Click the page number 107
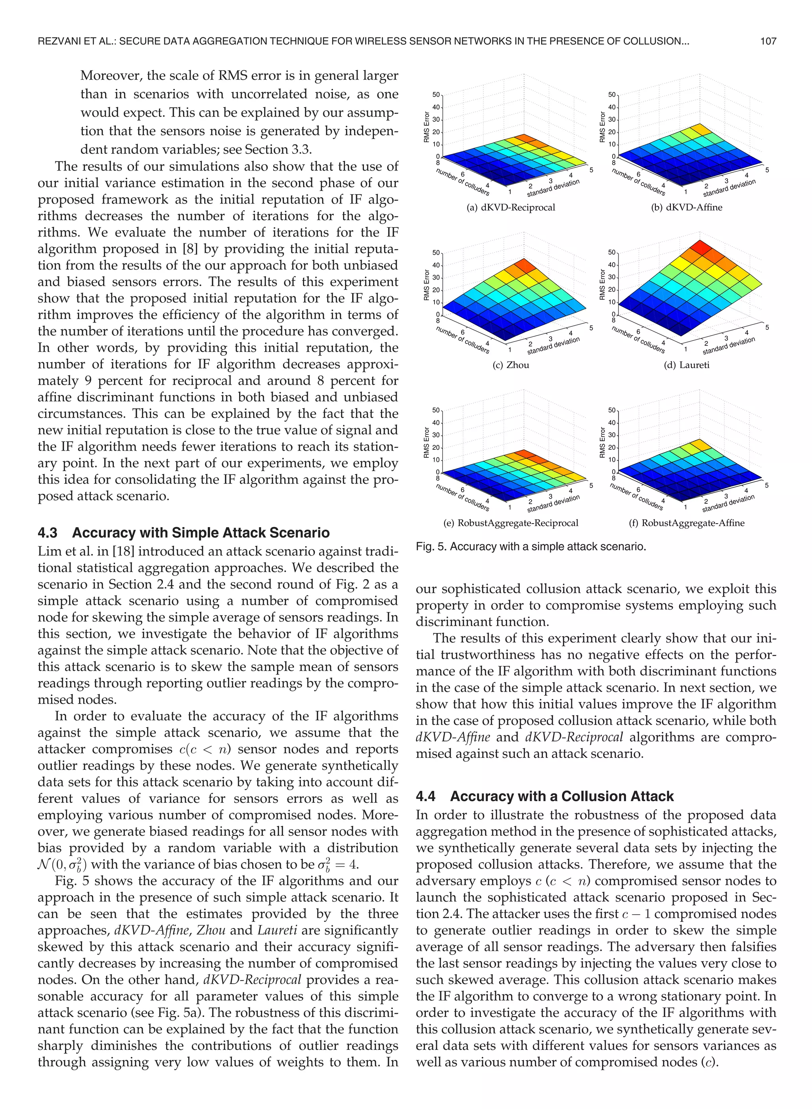pyautogui.click(x=768, y=41)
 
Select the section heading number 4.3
pyautogui.click(x=47, y=533)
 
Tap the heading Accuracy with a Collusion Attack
pyautogui.click(x=562, y=796)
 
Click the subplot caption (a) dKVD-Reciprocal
pyautogui.click(x=511, y=207)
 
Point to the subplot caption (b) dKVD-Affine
pyautogui.click(x=687, y=207)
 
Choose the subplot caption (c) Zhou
pyautogui.click(x=511, y=365)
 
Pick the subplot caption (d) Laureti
pyautogui.click(x=687, y=365)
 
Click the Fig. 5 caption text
pyautogui.click(x=531, y=547)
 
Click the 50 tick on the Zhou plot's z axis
pyautogui.click(x=436, y=253)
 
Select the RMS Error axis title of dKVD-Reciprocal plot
pyautogui.click(x=427, y=127)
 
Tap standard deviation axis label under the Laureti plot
pyautogui.click(x=728, y=345)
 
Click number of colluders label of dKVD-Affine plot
pyautogui.click(x=638, y=182)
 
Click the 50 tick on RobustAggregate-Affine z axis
pyautogui.click(x=611, y=411)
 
